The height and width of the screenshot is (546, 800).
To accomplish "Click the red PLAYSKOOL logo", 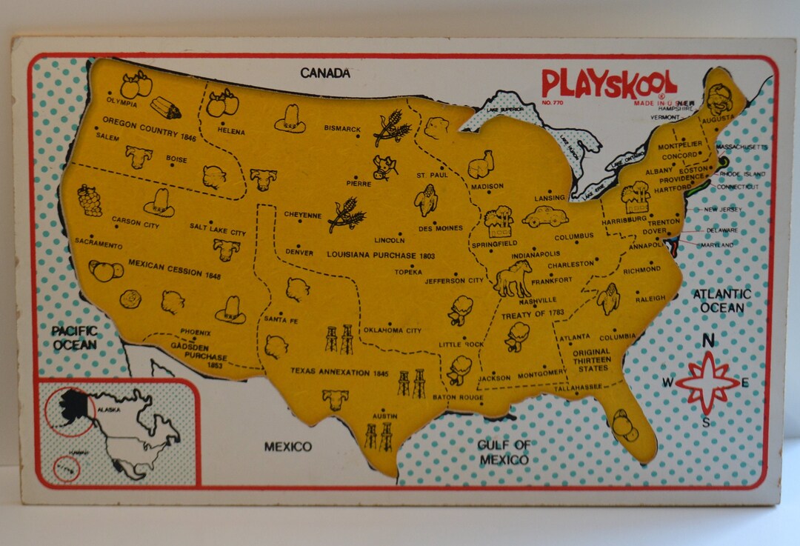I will click(608, 83).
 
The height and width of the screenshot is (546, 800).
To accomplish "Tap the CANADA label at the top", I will click(324, 73).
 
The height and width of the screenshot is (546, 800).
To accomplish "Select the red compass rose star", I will click(707, 381).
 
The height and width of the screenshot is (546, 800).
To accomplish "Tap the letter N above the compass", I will click(708, 342).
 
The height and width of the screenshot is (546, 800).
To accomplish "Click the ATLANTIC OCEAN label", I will click(721, 300).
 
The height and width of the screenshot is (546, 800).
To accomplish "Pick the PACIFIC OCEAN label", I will click(74, 338).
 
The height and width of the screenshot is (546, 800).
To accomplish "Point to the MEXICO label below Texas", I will click(288, 447).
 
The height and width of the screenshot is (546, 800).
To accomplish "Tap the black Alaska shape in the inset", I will click(74, 404).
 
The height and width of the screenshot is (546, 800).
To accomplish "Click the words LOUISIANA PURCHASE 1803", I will click(381, 256).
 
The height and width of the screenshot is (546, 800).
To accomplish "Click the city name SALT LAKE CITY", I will click(217, 233).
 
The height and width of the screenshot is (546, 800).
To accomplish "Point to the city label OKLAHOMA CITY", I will click(392, 330).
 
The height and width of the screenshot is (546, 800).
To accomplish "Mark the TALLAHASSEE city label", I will click(581, 387).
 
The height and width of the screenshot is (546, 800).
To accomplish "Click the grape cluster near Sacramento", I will click(90, 200).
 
